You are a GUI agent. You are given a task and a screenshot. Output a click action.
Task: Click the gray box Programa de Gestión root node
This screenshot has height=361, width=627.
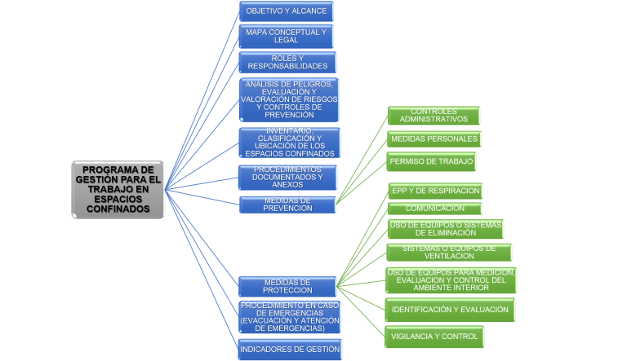(118, 189)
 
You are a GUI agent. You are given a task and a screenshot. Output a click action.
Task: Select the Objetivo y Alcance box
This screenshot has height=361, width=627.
(286, 11)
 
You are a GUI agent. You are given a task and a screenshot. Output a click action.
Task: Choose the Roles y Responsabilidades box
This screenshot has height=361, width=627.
(287, 62)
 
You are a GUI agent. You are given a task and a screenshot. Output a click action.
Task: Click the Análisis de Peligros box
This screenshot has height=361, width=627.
(289, 99)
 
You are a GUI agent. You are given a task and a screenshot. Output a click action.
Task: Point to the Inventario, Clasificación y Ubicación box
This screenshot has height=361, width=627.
(289, 143)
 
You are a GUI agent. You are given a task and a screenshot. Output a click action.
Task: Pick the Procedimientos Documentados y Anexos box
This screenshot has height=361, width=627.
(287, 178)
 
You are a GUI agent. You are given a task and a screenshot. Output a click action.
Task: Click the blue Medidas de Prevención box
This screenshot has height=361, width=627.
(287, 205)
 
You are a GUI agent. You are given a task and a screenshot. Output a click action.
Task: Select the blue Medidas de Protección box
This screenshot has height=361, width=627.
(287, 286)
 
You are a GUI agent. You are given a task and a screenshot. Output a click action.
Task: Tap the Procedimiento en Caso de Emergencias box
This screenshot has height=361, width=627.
(289, 317)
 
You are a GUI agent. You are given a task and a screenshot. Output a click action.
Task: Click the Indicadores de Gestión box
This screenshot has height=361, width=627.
(291, 350)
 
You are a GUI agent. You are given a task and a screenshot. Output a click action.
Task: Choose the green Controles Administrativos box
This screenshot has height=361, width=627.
(434, 116)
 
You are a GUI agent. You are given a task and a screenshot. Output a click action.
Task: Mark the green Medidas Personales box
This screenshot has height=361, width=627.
(433, 139)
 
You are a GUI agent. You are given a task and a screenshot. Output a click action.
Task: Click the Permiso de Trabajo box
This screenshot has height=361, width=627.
(431, 161)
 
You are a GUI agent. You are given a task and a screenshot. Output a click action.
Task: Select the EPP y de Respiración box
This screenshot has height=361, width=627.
(434, 191)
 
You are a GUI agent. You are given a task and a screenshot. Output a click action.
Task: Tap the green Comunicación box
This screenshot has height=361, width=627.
(434, 209)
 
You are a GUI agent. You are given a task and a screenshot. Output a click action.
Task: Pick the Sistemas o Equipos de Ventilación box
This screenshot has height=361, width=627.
(448, 252)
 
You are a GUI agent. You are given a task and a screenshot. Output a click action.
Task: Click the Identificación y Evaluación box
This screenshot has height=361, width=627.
(449, 310)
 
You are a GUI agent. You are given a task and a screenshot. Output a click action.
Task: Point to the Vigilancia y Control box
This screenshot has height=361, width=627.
(434, 336)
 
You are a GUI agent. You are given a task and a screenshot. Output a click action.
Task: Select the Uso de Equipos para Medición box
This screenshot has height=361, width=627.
(451, 280)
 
